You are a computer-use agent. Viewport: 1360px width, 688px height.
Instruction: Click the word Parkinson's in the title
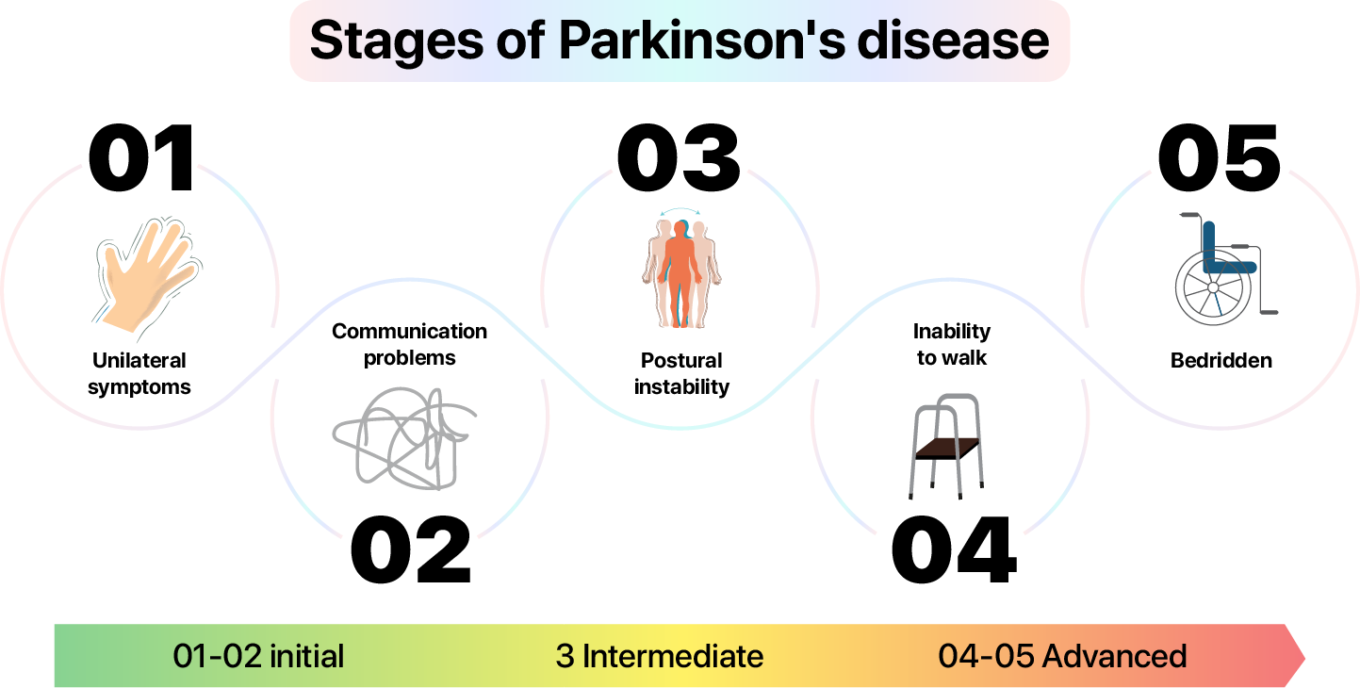(x=701, y=41)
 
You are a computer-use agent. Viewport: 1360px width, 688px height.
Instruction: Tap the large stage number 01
(x=141, y=158)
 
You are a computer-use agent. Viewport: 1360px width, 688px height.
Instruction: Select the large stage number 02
(x=411, y=549)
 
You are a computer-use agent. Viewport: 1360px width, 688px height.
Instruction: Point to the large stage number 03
(x=679, y=158)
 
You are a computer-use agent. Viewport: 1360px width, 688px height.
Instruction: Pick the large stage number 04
(x=954, y=549)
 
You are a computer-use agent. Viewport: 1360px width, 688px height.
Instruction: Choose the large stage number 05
(x=1220, y=158)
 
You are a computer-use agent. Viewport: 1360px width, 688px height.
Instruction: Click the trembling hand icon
(x=147, y=276)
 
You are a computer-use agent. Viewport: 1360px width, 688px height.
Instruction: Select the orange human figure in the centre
(x=680, y=273)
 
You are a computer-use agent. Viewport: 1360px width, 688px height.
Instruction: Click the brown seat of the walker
(x=947, y=448)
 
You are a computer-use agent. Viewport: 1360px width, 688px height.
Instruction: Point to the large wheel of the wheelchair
(x=1213, y=287)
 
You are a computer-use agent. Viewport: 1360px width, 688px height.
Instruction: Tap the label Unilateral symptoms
(x=139, y=373)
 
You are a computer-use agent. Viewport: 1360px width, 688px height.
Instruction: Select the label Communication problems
(x=409, y=344)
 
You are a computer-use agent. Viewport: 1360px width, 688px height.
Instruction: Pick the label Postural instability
(x=681, y=373)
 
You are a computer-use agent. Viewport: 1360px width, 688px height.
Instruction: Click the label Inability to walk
(x=951, y=344)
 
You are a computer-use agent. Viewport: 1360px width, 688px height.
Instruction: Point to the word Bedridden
(x=1221, y=360)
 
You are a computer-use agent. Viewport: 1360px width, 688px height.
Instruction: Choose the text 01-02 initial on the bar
(x=258, y=656)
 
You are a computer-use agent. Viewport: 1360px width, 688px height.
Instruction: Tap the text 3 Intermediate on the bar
(x=660, y=656)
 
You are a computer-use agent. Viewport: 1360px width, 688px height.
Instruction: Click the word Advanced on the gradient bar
(x=1115, y=656)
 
